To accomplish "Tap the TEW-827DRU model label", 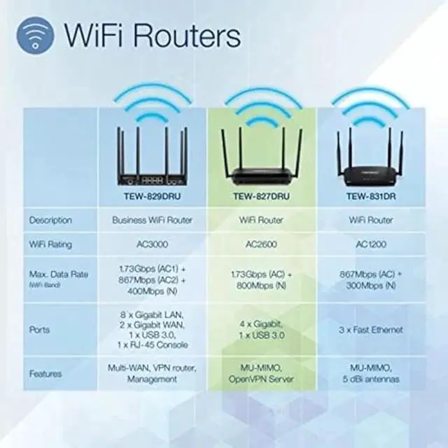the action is pos(264,197).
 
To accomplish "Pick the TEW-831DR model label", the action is pos(370,197).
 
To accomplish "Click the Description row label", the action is pos(50,220).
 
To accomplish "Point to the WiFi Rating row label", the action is pos(50,244).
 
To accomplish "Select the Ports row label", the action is pos(39,329).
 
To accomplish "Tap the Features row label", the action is pos(45,374).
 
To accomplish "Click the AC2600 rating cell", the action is pos(264,244).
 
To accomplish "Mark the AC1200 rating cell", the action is pos(370,244).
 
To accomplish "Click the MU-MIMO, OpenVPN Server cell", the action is pos(264,374).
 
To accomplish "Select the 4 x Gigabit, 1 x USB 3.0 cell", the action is pos(264,329).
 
